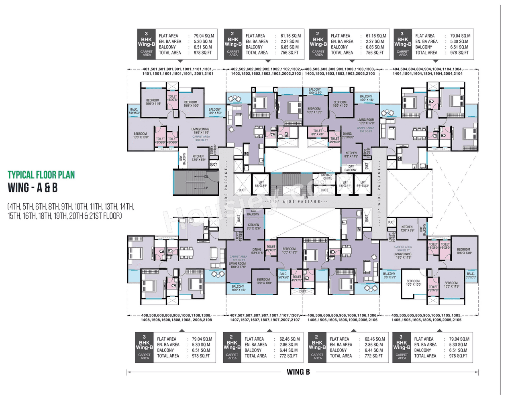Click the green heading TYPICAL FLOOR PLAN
(x=41, y=175)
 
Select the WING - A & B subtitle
(x=33, y=188)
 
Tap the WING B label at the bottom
(x=298, y=372)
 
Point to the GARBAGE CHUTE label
(x=327, y=177)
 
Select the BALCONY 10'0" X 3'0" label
(x=315, y=91)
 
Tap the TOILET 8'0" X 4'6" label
(x=317, y=132)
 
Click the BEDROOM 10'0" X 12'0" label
(x=314, y=110)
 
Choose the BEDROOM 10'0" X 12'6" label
(x=289, y=251)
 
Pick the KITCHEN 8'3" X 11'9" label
(x=351, y=154)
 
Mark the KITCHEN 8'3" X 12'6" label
(x=253, y=227)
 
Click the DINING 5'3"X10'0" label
(x=347, y=136)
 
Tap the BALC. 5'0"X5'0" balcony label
(x=284, y=276)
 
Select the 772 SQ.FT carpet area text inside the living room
(x=239, y=260)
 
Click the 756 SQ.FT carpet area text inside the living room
(x=365, y=131)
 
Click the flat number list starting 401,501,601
(x=177, y=71)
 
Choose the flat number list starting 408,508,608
(x=176, y=318)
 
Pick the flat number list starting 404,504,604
(x=427, y=71)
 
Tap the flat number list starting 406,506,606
(x=342, y=318)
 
